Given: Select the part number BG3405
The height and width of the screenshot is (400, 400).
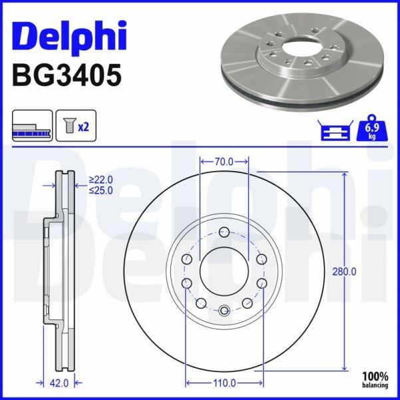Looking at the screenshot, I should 67,75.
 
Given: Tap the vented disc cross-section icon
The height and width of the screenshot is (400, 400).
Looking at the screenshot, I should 31,126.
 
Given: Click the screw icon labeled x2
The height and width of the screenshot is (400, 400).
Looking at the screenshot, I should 75,126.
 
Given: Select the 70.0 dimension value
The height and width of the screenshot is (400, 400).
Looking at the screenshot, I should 224,161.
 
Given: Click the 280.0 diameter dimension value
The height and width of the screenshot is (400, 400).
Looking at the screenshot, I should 345,271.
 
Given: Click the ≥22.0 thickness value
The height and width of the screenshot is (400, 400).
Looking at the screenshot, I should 101,180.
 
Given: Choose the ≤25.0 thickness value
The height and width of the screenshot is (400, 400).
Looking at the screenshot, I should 101,190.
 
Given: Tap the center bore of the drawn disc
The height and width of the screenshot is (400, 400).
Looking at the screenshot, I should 224,272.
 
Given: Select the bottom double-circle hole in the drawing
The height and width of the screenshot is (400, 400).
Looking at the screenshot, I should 224,309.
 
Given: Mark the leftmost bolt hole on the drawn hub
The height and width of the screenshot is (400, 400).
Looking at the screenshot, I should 186,284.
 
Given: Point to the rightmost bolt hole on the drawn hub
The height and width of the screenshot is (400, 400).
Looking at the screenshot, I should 262,284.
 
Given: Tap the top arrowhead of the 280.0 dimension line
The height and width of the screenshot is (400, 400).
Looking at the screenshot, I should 344,175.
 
